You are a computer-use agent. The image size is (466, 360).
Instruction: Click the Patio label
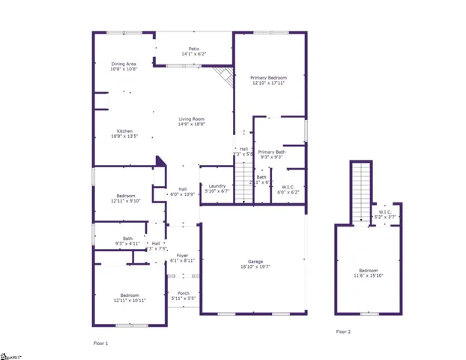coord(193,49)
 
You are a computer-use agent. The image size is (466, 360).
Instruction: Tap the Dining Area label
coord(124,64)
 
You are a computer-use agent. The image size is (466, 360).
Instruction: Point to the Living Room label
coord(192,119)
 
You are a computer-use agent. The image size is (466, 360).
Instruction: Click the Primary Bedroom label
coord(268,76)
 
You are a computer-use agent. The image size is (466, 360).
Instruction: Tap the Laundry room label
coord(217,185)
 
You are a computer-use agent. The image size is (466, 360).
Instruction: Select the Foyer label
coord(182,256)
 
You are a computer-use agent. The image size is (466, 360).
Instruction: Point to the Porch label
coord(183,292)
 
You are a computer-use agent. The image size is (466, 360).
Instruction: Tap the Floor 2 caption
coord(342,331)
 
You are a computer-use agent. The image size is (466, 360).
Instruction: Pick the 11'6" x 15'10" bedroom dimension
coord(367,275)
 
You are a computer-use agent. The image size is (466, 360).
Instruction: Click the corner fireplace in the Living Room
coord(223,75)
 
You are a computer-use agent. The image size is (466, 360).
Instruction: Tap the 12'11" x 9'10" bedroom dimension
coord(124,200)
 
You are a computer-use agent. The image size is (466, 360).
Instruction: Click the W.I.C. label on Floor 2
coord(385,211)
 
